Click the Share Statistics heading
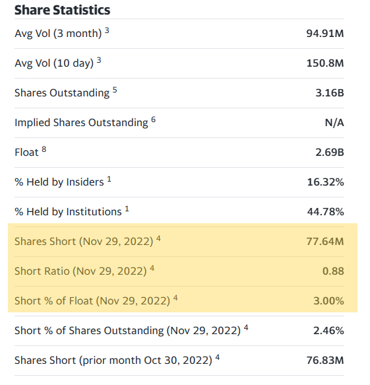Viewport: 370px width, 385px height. click(62, 10)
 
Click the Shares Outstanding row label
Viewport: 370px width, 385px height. click(62, 93)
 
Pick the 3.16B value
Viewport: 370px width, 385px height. click(330, 93)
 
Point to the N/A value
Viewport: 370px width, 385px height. click(334, 123)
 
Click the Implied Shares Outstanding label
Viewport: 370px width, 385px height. click(81, 123)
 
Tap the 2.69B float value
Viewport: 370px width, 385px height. click(330, 153)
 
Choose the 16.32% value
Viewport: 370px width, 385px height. click(326, 182)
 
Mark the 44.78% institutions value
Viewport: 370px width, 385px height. click(326, 212)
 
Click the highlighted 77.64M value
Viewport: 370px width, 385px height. click(326, 242)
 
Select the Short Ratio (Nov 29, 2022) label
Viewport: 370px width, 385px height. click(81, 271)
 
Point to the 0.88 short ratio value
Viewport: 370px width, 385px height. click(333, 271)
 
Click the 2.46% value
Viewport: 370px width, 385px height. click(329, 331)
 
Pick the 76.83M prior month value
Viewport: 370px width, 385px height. click(326, 361)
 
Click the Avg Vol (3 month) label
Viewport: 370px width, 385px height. click(58, 33)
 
